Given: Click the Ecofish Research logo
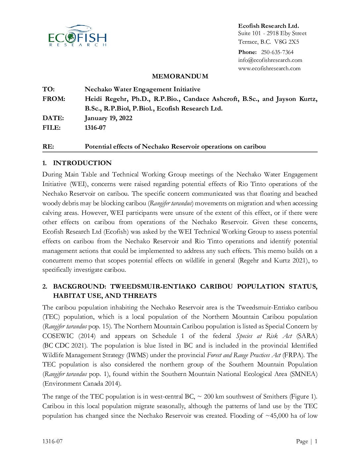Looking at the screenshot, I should pyautogui.click(x=77, y=36).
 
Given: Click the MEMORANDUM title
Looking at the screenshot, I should pyautogui.click(x=180, y=76).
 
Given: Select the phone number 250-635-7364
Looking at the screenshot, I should pyautogui.click(x=277, y=52).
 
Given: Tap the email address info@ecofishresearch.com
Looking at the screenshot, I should pyautogui.click(x=270, y=60).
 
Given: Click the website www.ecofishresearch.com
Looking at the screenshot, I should pyautogui.click(x=269, y=68).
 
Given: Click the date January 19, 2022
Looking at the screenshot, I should pyautogui.click(x=109, y=118).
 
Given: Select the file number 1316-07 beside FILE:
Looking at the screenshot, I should pyautogui.click(x=95, y=127).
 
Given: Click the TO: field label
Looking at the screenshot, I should pyautogui.click(x=48, y=89).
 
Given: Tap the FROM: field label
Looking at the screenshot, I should pyautogui.click(x=54, y=99).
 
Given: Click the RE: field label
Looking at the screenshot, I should pyautogui.click(x=48, y=146).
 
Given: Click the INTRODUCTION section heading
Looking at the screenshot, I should pyautogui.click(x=82, y=163).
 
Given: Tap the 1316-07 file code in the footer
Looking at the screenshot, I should pyautogui.click(x=52, y=441).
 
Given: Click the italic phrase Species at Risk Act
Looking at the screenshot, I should pyautogui.click(x=264, y=336).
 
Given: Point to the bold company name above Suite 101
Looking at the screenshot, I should pyautogui.click(x=268, y=26).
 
